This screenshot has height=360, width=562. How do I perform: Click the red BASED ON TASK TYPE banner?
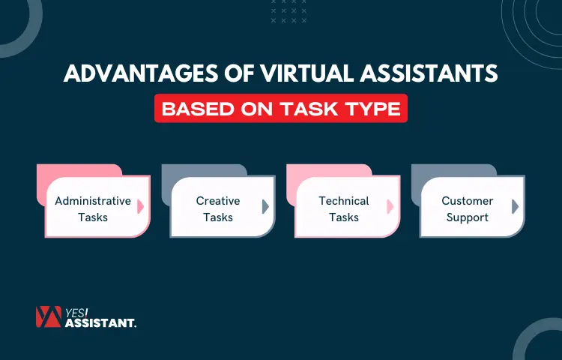pos(281,109)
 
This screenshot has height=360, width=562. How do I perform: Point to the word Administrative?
pos(93,201)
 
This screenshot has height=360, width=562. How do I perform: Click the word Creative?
pos(218,201)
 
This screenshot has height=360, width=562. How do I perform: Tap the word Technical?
pos(344,201)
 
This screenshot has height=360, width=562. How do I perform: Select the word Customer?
pos(468,201)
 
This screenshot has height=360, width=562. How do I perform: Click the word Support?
pos(468,217)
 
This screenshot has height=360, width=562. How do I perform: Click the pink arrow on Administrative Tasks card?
pos(141,207)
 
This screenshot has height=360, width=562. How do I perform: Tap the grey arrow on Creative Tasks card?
pos(265,207)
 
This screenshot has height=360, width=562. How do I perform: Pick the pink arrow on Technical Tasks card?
pos(390,207)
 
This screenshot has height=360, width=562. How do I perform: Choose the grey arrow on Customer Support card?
pos(515,207)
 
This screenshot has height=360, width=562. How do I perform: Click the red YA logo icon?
pos(47,317)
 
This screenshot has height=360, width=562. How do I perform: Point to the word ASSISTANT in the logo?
pos(100,323)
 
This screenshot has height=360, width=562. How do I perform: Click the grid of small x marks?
pos(288,12)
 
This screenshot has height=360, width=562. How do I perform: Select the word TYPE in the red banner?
pos(375,109)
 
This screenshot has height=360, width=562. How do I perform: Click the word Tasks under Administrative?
pos(93,217)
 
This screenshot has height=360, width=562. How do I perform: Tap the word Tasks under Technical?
pos(344,217)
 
